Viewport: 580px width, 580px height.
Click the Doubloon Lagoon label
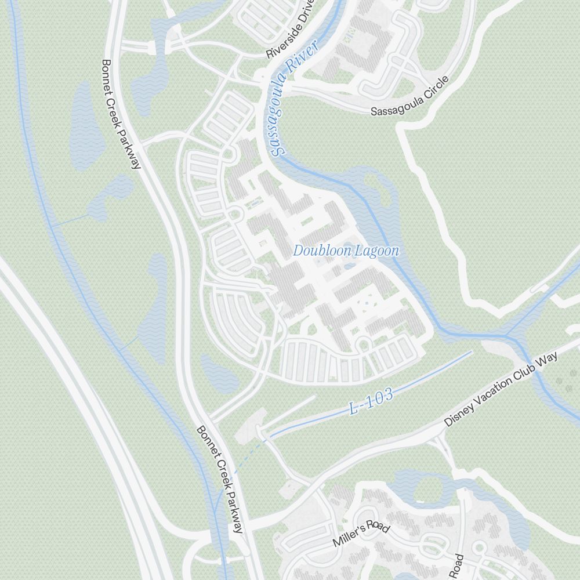(346, 251)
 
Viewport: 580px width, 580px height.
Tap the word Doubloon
(318, 251)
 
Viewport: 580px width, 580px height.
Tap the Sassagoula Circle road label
(410, 96)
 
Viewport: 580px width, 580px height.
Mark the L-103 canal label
(372, 401)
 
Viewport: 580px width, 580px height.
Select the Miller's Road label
(361, 535)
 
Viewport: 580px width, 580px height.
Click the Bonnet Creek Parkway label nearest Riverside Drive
(121, 114)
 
